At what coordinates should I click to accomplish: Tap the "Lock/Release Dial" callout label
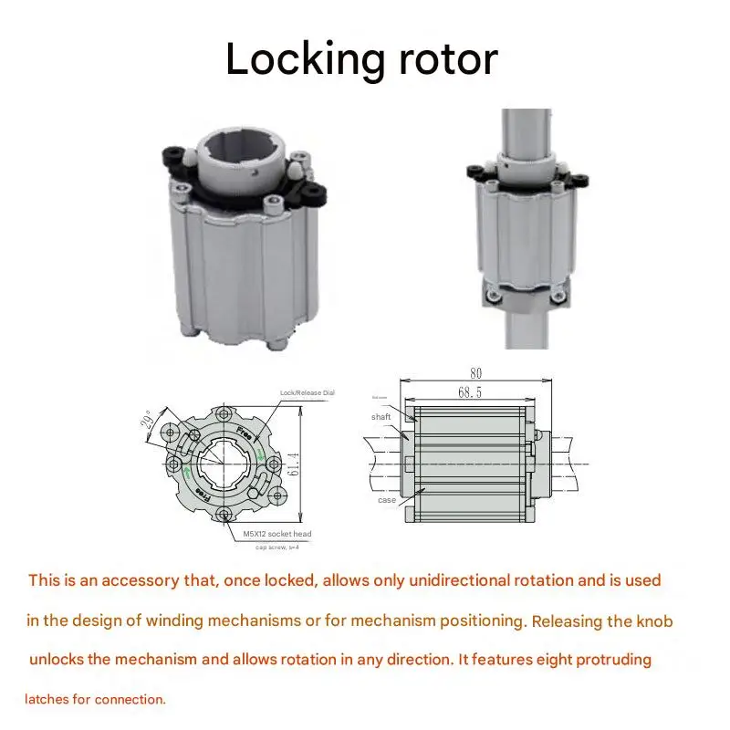[308, 392]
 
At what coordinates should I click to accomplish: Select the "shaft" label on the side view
[381, 417]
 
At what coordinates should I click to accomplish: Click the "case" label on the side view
[387, 500]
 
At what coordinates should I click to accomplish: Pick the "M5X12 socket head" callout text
[277, 533]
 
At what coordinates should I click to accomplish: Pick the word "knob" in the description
[654, 622]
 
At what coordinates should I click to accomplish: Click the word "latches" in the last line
[49, 700]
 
